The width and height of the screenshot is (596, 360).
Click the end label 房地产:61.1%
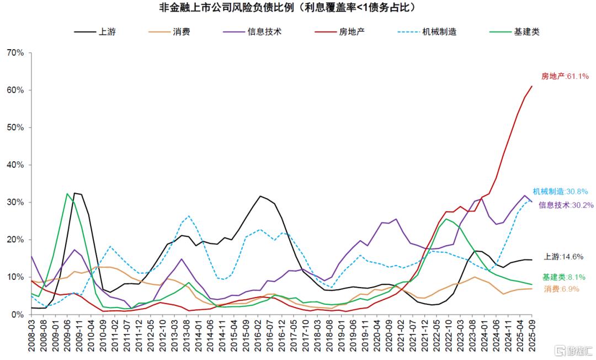tap(565, 76)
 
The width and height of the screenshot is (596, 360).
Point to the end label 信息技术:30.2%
tap(566, 205)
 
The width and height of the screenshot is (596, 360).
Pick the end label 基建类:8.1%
tap(563, 277)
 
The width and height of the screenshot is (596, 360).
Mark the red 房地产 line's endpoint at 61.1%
tap(532, 86)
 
